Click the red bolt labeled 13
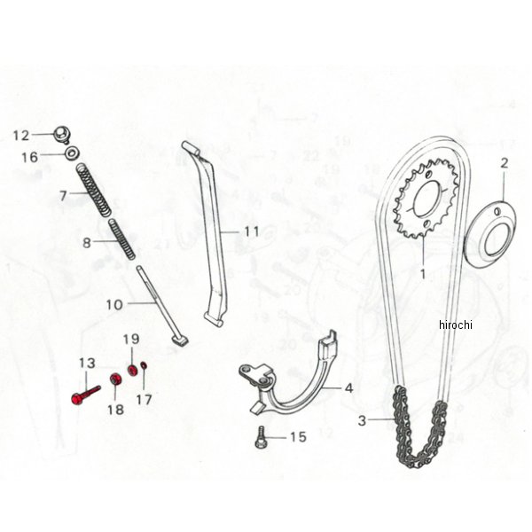click(x=86, y=395)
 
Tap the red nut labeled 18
click(x=116, y=379)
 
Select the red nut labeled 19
click(x=132, y=370)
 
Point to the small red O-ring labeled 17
click(x=144, y=365)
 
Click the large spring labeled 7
click(x=93, y=190)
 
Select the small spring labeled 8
click(x=121, y=239)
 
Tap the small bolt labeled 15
click(x=260, y=437)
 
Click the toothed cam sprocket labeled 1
click(x=425, y=200)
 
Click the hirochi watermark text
click(x=456, y=325)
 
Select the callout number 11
click(x=252, y=231)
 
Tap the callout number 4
click(x=348, y=388)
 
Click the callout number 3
click(x=363, y=421)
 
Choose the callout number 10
click(x=114, y=305)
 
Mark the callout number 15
click(x=298, y=437)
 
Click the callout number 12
click(x=21, y=136)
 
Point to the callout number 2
click(x=505, y=163)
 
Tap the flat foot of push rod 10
click(x=181, y=341)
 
